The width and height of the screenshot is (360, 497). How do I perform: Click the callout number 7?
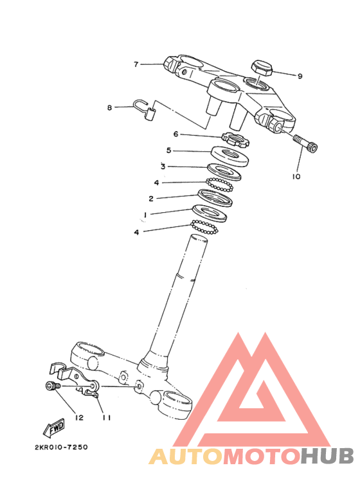coord(136,64)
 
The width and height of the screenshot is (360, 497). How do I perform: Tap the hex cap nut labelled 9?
coord(262,68)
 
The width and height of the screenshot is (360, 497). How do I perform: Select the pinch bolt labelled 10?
coord(306,143)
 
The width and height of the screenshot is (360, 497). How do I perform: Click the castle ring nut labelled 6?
coord(236,139)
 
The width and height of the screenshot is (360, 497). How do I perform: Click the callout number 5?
coord(169,150)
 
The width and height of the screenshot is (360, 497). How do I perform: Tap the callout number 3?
coord(163,166)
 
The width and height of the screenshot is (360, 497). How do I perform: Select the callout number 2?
coord(151,199)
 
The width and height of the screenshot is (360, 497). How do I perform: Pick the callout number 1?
coord(145,215)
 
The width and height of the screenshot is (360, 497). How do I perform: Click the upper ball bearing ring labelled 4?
coord(220,185)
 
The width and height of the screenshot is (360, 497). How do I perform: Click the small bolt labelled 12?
coord(52,386)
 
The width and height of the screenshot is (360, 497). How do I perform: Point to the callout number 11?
coord(107,418)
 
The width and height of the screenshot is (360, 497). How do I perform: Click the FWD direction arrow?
coord(54,428)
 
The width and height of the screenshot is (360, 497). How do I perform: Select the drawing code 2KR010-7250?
coord(61,447)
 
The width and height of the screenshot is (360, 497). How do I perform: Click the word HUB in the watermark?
coord(327,456)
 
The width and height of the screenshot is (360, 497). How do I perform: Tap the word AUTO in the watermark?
coord(186,456)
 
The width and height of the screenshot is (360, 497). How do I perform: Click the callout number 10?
coord(296,176)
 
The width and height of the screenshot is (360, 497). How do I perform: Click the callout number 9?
coord(300,76)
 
